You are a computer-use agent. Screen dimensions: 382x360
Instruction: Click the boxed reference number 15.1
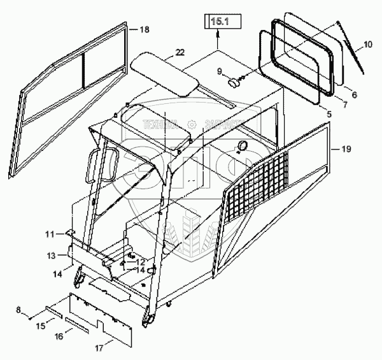pyautogui.click(x=218, y=22)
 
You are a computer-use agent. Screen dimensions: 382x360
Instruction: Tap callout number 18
pyautogui.click(x=145, y=30)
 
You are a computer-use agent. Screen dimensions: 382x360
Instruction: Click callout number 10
pyautogui.click(x=368, y=45)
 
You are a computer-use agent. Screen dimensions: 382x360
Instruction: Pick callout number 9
pyautogui.click(x=220, y=71)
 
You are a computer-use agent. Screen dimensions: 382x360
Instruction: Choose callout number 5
pyautogui.click(x=329, y=115)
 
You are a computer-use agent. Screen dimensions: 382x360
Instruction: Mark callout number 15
pyautogui.click(x=39, y=326)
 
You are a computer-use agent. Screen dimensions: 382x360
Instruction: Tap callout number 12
pyautogui.click(x=139, y=262)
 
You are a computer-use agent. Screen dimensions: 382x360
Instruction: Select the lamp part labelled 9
pyautogui.click(x=234, y=82)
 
